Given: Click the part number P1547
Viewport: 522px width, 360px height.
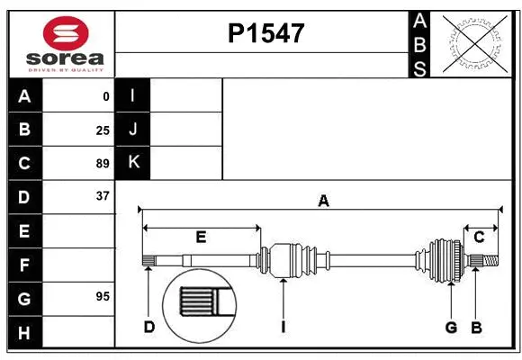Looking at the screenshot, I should [x=265, y=33].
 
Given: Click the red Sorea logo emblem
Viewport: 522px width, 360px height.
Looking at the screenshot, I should [x=67, y=35].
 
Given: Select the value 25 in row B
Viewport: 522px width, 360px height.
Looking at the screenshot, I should [x=103, y=130].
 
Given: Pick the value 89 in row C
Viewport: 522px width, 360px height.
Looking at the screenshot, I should [x=103, y=164].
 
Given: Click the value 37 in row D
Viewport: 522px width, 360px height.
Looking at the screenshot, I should [x=103, y=196].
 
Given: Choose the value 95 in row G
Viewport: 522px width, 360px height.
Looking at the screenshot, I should [x=103, y=296].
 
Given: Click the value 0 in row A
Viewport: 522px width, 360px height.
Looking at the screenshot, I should [x=106, y=96].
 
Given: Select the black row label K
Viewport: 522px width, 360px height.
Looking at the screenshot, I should [x=133, y=163].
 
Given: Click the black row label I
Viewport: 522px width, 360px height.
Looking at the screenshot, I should [x=133, y=96].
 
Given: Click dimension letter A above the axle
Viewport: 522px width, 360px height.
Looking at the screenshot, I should [x=323, y=202].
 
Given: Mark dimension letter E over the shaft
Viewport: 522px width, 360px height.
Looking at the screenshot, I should [x=201, y=237].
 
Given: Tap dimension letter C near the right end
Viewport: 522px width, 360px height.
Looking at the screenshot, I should [x=480, y=237].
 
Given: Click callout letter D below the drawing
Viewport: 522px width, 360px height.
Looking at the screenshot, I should [x=149, y=327].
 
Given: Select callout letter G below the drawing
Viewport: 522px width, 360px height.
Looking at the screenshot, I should [x=451, y=327].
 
